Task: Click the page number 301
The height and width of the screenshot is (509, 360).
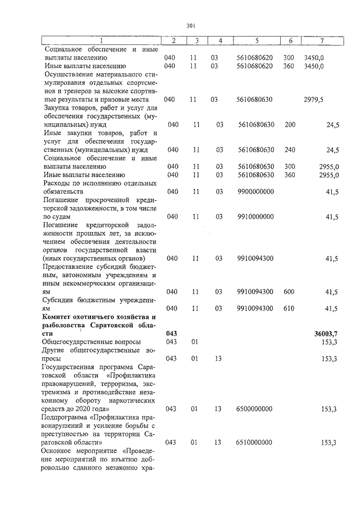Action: (190, 25)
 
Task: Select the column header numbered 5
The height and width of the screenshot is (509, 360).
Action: (256, 40)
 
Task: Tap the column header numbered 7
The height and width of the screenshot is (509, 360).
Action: (322, 40)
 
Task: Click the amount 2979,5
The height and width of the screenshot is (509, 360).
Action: (313, 100)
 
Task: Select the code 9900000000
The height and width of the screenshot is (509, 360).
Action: (256, 192)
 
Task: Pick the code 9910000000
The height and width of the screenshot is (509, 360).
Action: (256, 217)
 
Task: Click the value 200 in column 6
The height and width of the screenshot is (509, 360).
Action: (290, 124)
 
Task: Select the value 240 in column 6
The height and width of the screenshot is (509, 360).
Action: (290, 150)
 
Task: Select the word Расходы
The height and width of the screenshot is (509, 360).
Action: (58, 183)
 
